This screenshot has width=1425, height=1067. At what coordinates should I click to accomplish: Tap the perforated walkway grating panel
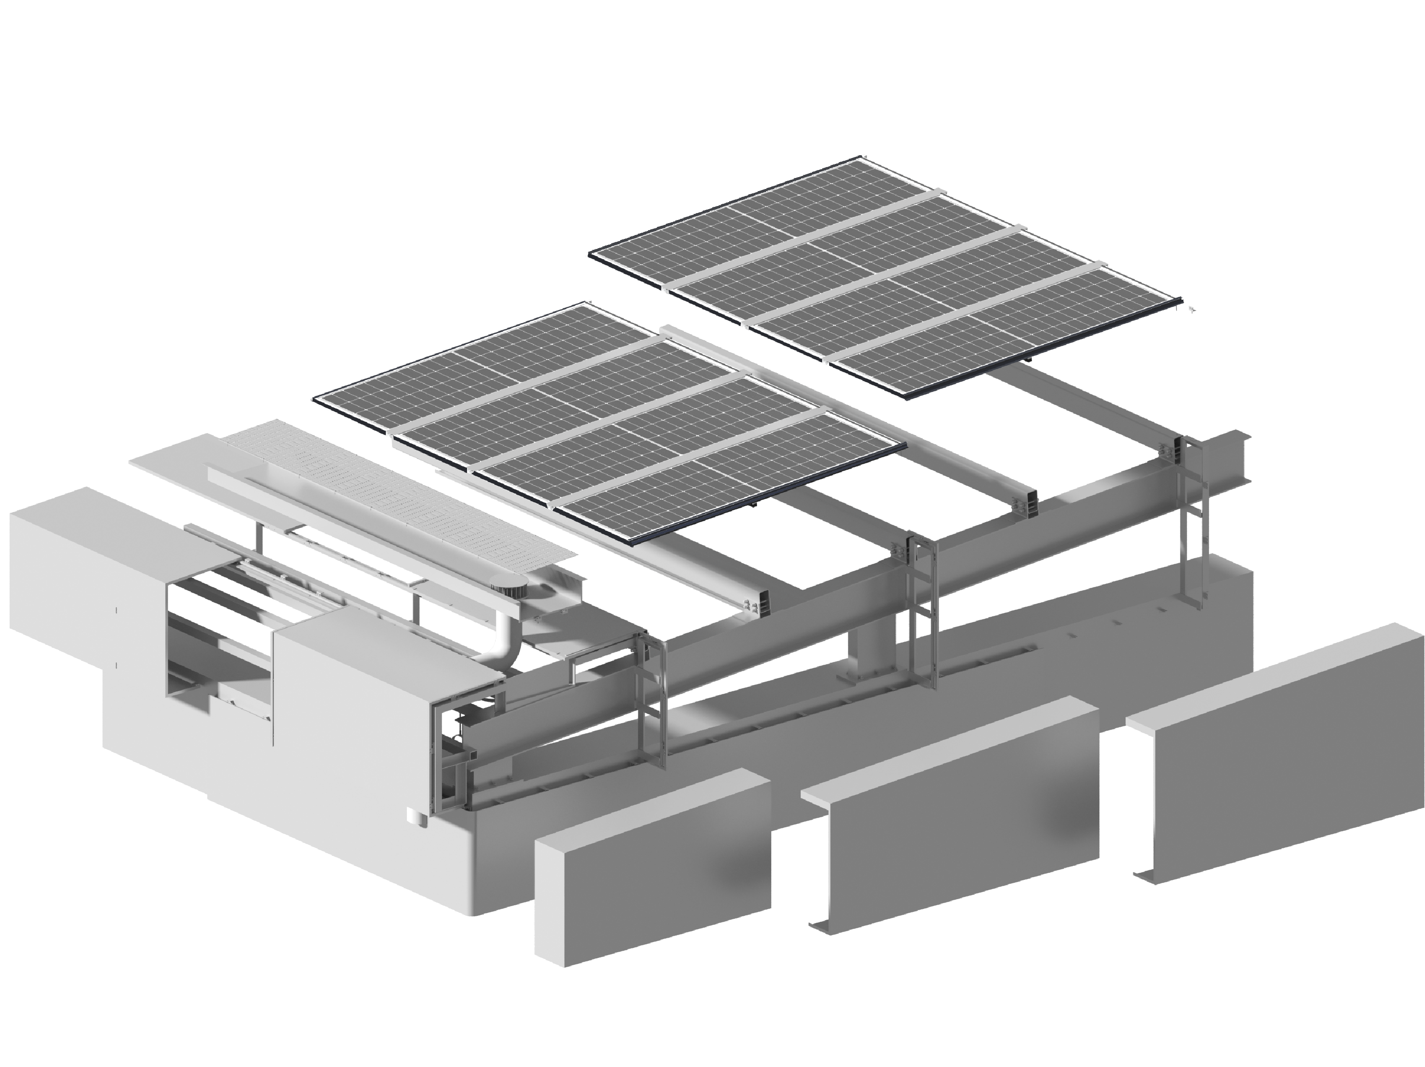pyautogui.click(x=412, y=489)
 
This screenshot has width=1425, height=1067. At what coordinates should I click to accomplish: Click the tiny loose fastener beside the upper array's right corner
pyautogui.click(x=1191, y=310)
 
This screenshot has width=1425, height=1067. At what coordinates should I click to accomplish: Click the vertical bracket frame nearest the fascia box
pyautogui.click(x=652, y=702)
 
